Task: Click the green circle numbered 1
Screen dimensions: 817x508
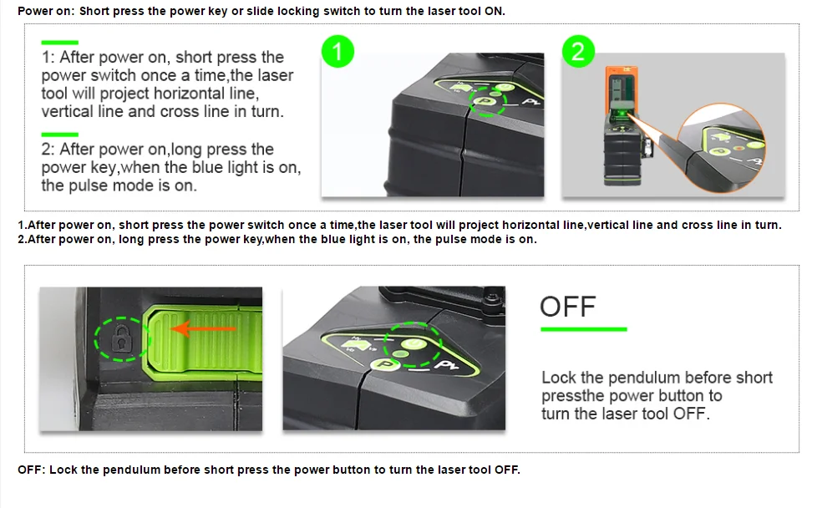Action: (337, 53)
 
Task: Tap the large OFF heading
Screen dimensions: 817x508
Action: (568, 307)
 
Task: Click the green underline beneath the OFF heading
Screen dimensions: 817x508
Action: (583, 329)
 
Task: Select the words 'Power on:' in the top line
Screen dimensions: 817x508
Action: (46, 12)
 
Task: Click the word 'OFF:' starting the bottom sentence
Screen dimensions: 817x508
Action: (32, 470)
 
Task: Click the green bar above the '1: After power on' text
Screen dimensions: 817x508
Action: (59, 42)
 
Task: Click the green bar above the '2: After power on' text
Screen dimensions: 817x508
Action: (59, 134)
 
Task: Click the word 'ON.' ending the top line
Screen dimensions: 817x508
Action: (495, 12)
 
